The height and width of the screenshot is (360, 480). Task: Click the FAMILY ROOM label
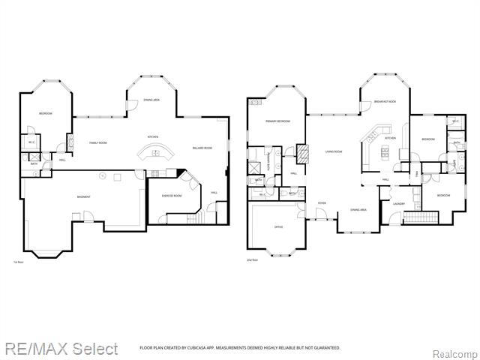[x=98, y=142]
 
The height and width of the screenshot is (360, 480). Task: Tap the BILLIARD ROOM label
[x=202, y=148]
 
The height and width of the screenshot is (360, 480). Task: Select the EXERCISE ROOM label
[x=172, y=196]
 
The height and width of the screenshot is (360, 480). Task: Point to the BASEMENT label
[x=83, y=196]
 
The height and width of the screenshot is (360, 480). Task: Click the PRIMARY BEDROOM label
[x=277, y=121]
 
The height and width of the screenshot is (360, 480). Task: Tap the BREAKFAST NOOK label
[x=387, y=101]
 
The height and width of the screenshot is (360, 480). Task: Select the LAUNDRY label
[x=398, y=203]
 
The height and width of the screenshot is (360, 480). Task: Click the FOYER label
[x=321, y=202]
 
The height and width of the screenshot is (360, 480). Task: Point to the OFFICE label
[x=277, y=226]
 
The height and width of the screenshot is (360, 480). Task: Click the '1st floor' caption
[x=19, y=262]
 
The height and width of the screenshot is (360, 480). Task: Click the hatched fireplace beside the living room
[x=303, y=153]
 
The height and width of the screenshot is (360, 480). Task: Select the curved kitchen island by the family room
[x=155, y=154]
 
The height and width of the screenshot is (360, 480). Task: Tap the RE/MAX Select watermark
[x=60, y=349]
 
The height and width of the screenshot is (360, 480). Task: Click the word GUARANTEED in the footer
[x=325, y=348]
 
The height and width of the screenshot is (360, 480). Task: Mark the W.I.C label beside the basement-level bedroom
[x=31, y=142]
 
